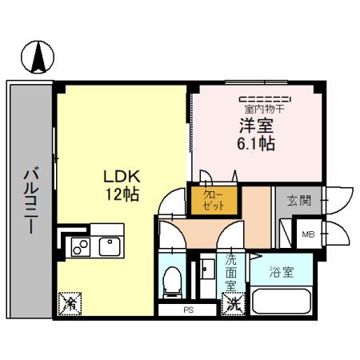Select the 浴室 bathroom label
pos(281,271)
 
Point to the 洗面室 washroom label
pos(230,271)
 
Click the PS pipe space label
pos(189,310)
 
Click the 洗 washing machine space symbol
pos(231,303)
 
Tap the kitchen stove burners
pos(81,247)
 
